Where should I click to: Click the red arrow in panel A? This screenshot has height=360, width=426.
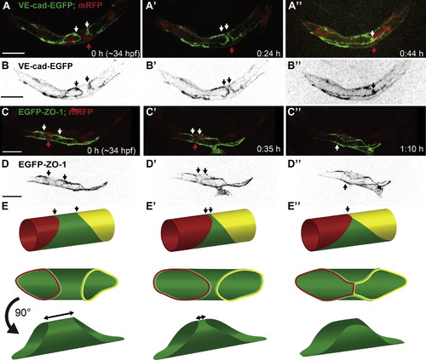point(89,47)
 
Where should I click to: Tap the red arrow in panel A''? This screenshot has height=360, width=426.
point(375,50)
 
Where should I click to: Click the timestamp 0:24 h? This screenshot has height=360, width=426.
point(268,54)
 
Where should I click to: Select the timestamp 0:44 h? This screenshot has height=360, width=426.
point(411,54)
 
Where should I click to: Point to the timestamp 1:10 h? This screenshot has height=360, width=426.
point(411,148)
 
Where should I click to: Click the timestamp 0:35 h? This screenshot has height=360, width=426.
point(268,148)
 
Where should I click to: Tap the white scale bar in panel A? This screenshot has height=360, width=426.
point(14,53)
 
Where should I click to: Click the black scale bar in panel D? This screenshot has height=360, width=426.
point(12,196)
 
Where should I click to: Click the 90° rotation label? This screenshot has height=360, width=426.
point(22,313)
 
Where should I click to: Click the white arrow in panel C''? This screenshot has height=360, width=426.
point(337,147)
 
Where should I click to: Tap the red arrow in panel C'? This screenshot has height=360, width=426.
point(195,146)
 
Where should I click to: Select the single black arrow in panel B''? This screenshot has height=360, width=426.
point(374,85)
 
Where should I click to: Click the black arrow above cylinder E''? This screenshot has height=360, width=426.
point(348,209)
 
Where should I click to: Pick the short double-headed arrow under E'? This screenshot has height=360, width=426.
point(201,317)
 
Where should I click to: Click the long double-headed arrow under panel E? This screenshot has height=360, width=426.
point(59,316)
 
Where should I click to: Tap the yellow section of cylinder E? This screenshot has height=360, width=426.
point(98,225)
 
